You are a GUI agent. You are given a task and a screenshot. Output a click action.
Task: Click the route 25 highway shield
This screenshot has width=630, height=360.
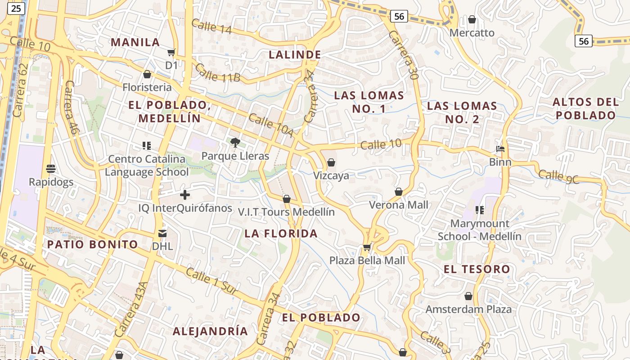click(x=16, y=8)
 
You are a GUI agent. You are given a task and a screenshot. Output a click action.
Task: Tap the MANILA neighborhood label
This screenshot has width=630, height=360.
click(x=135, y=42)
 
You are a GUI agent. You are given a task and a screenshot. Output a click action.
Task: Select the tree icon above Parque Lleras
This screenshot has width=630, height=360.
click(x=235, y=143)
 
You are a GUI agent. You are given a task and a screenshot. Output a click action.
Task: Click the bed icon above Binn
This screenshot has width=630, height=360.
click(x=500, y=149)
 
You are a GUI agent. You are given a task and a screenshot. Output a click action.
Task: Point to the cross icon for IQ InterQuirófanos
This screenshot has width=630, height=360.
click(x=184, y=195)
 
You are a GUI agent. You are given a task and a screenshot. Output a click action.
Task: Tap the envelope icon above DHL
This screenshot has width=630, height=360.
click(x=162, y=233)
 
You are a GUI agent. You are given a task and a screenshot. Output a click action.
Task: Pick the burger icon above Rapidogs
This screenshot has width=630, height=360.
click(x=51, y=169)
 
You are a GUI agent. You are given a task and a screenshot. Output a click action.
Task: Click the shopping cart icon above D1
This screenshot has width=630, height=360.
click(x=171, y=53)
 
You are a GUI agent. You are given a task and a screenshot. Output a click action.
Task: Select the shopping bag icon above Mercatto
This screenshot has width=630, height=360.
click(x=472, y=19)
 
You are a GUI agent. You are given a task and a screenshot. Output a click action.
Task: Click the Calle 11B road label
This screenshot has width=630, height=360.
click(x=218, y=73)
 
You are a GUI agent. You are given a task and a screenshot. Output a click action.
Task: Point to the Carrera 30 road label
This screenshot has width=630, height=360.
click(x=404, y=55)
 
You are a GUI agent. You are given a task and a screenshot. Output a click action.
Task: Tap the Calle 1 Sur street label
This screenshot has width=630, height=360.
click(x=211, y=281)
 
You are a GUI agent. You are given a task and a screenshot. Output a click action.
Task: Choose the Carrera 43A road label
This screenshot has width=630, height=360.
click(x=131, y=310)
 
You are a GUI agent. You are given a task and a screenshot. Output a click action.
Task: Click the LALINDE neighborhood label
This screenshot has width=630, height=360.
click(x=295, y=55)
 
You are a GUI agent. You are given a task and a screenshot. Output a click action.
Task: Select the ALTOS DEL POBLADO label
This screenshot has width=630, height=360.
click(x=585, y=108)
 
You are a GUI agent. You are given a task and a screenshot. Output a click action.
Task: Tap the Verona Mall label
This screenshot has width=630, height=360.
click(x=399, y=205)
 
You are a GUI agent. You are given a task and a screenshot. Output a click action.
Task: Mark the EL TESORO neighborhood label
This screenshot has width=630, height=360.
click(x=477, y=270)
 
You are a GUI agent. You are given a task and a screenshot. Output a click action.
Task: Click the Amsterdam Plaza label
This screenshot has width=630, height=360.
click(x=468, y=309)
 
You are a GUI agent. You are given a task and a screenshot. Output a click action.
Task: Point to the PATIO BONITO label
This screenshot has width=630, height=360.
click(x=92, y=244)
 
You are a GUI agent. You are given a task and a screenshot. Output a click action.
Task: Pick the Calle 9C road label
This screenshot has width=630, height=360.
click(x=558, y=176)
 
